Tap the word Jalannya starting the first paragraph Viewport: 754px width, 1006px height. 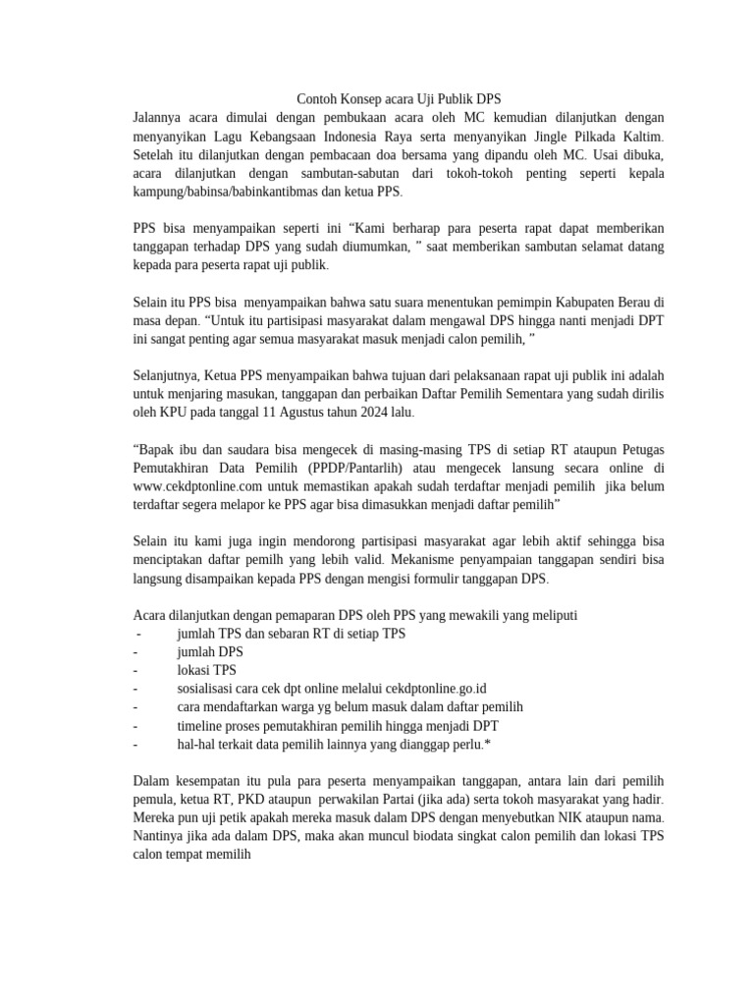pos(163,118)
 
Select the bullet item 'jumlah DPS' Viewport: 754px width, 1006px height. pos(209,652)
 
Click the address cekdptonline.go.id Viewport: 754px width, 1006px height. pos(432,689)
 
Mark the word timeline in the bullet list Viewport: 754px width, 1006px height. pos(202,726)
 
